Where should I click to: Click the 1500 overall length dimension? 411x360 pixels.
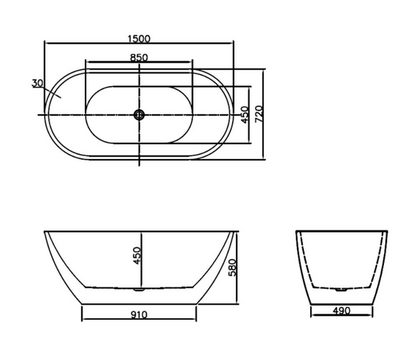coord(139,39)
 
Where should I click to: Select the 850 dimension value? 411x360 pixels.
coord(139,57)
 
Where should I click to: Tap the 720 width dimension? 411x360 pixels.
coord(259,114)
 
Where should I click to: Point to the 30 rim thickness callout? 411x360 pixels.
coord(37,83)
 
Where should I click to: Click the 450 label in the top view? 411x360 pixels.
coord(244,115)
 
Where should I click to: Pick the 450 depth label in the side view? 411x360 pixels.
coord(136,255)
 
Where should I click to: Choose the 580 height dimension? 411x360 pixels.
coord(232,267)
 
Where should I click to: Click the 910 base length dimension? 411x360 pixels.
coord(139,315)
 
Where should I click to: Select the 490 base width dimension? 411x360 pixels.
coord(342,311)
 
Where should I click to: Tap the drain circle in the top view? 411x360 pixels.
coord(139,115)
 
